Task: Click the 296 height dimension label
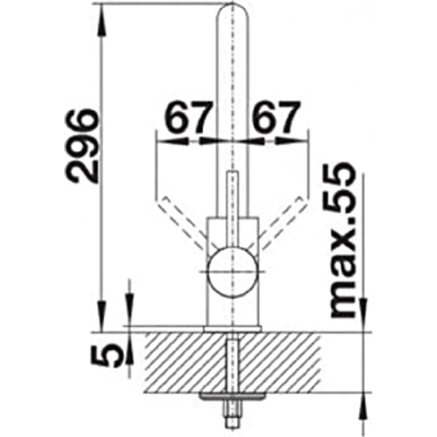tap(82, 146)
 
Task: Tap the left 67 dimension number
tap(186, 118)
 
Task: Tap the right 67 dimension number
tap(277, 118)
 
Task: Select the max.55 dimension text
tap(343, 240)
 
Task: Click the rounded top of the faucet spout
tap(232, 11)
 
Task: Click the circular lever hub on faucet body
tap(232, 272)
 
